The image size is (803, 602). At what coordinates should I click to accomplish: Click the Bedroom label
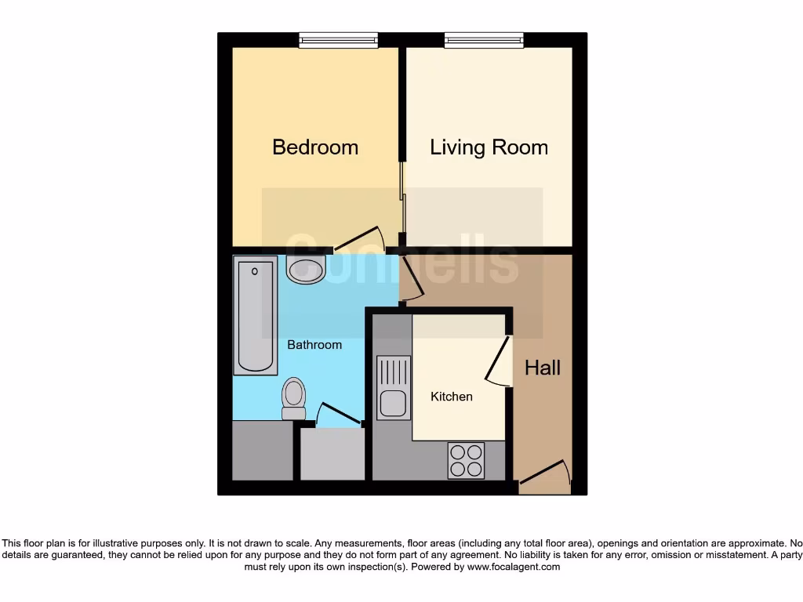coord(315,147)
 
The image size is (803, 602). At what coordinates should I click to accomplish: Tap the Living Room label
coord(489,147)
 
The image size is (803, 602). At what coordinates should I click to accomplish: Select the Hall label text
coord(543,368)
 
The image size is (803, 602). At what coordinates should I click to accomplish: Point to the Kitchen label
coord(452,397)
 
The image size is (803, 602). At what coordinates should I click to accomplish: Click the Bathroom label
coord(314,345)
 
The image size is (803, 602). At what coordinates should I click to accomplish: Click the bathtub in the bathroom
coord(256,317)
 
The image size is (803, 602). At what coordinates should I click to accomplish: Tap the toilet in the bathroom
coord(294,398)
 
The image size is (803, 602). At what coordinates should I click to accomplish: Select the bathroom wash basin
coord(306,269)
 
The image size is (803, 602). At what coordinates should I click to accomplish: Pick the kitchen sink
coord(393,387)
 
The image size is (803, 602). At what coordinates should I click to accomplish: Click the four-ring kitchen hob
coord(466,460)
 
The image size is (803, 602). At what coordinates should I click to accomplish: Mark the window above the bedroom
coord(338,40)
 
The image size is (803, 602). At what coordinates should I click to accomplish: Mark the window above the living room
coord(484,40)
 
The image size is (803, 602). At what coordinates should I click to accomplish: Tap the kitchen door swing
coord(496,361)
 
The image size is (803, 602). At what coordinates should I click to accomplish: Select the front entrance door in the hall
coord(544,474)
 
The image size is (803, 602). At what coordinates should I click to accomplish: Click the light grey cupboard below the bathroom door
coord(332,454)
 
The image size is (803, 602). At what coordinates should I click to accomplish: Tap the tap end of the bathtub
coord(255,271)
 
